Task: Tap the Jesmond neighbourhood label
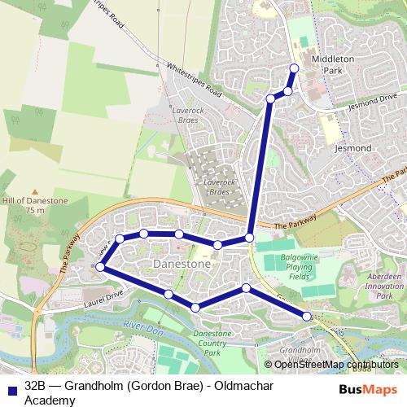(x=353, y=149)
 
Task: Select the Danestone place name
(x=182, y=265)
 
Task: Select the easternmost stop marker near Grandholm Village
(x=307, y=316)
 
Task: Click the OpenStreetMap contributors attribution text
(x=336, y=365)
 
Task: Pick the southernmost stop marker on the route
(x=195, y=307)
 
